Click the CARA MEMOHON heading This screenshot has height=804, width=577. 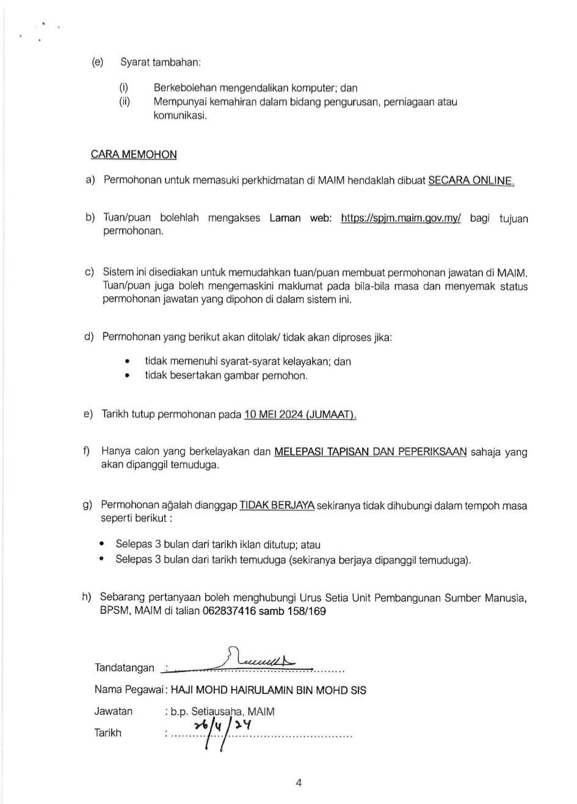134,155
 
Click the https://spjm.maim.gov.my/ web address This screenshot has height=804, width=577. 401,218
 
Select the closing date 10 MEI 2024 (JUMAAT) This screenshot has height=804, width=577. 300,415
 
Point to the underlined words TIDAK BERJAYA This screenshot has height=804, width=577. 277,505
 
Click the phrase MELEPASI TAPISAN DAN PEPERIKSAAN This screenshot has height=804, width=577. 371,452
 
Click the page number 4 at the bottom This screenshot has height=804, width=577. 299,783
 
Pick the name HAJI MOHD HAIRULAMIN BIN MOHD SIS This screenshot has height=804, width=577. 269,690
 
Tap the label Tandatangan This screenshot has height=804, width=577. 125,668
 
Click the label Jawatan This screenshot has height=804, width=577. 114,711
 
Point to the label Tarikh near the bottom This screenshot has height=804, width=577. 108,733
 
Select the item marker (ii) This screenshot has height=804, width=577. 125,102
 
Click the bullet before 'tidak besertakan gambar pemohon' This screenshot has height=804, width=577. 127,376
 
